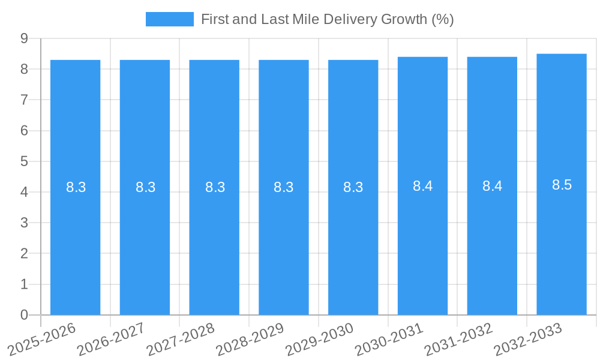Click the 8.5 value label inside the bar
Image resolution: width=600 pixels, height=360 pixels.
(562, 185)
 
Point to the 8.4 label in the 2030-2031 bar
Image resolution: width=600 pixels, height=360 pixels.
(422, 186)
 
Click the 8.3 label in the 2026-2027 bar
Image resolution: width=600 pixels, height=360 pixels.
(145, 187)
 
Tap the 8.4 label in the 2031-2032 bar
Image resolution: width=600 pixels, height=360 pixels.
(492, 186)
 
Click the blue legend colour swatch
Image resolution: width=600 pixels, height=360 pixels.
(169, 19)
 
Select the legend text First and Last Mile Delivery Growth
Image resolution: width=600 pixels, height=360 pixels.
(327, 19)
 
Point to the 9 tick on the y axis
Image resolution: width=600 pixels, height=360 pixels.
(25, 38)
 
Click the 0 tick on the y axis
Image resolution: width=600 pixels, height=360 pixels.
(25, 315)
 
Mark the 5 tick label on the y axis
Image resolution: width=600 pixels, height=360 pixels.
(25, 161)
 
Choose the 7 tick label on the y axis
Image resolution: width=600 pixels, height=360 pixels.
(25, 100)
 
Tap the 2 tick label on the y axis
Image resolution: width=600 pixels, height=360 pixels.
(25, 254)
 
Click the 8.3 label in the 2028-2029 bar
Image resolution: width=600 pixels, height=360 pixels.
(283, 187)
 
